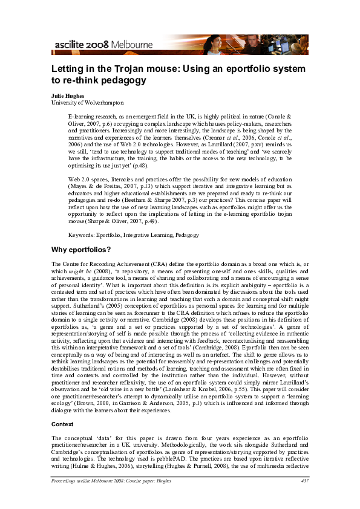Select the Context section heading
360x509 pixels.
pos(63,424)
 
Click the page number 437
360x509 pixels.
pos(305,498)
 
